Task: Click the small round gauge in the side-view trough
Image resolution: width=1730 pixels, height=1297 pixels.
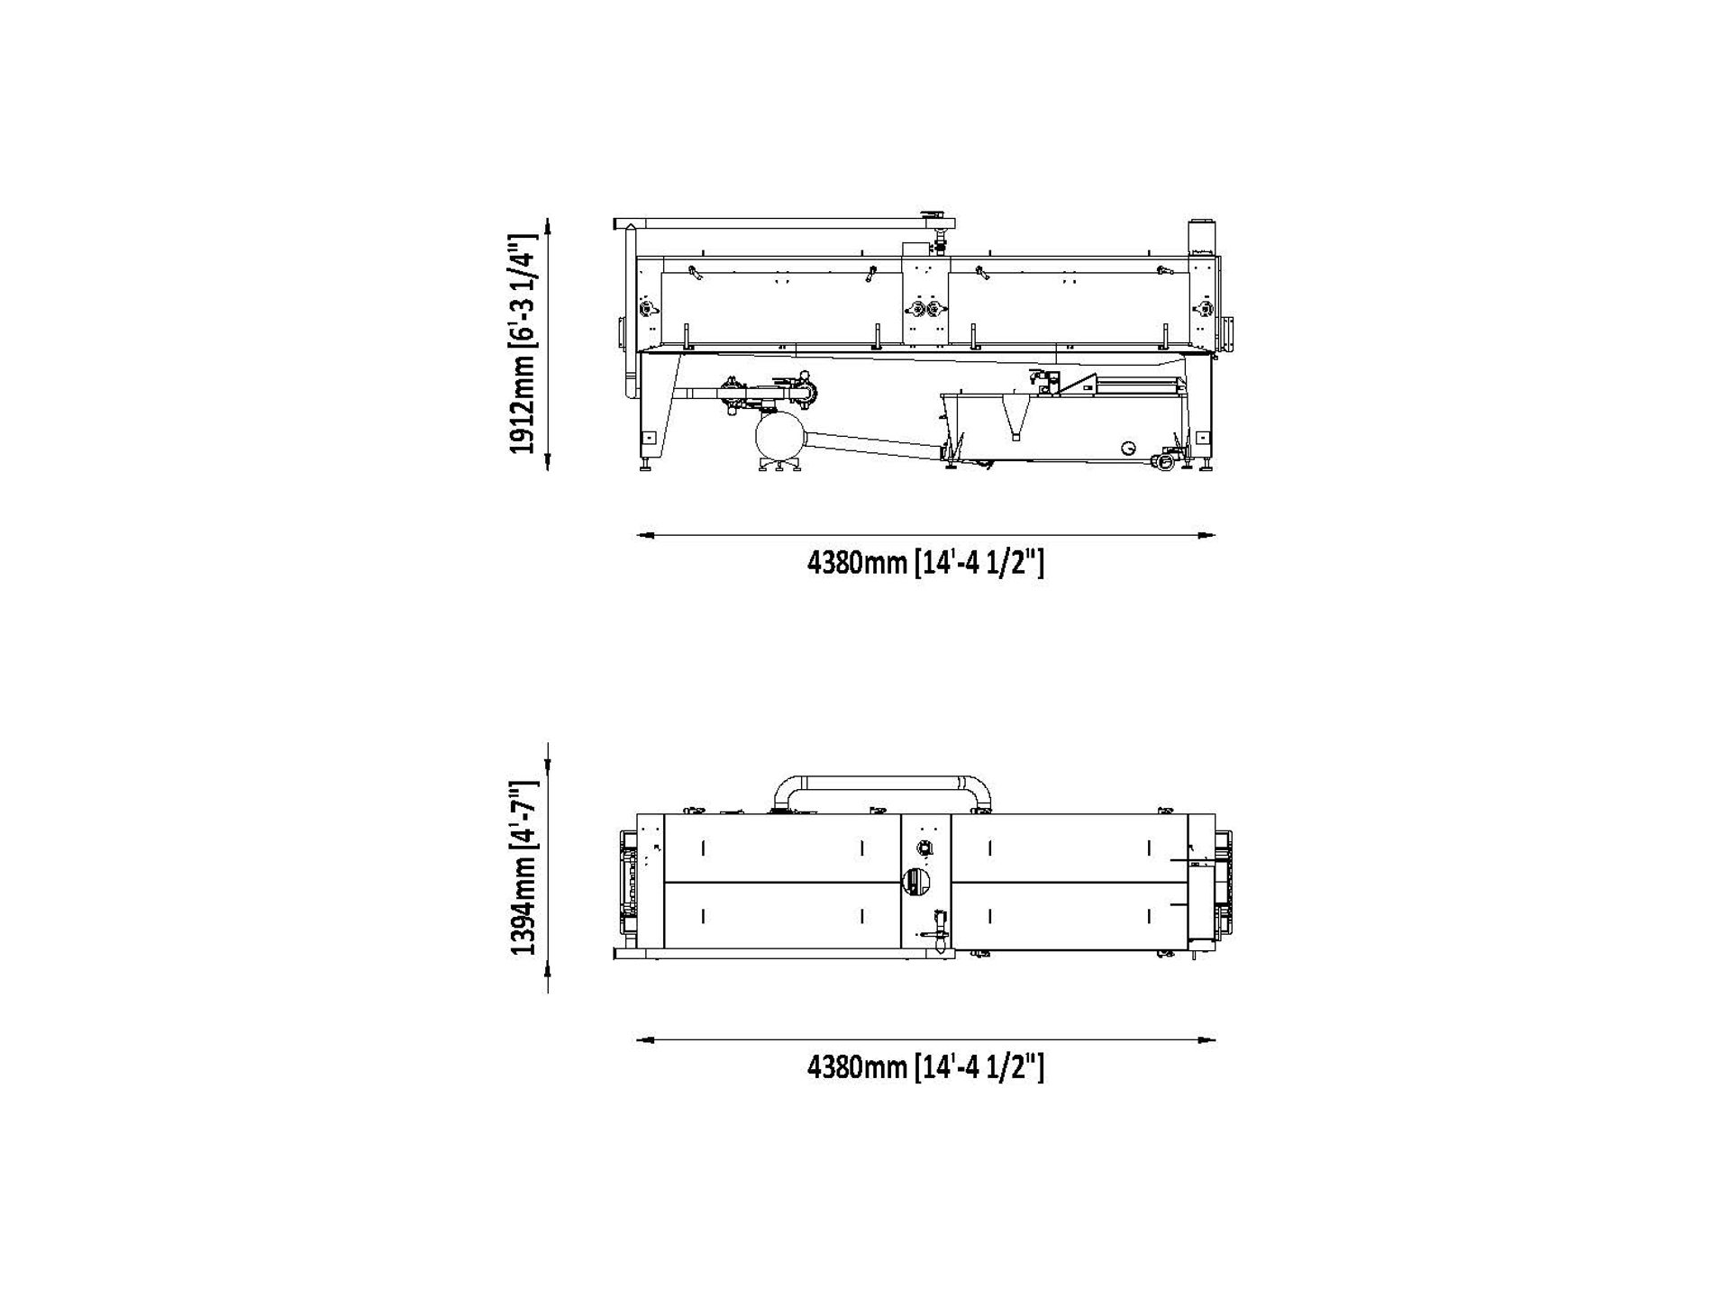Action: (1129, 448)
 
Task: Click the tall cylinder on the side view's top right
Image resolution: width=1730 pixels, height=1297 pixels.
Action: (1200, 237)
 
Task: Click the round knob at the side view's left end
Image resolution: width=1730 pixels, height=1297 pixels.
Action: (645, 309)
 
